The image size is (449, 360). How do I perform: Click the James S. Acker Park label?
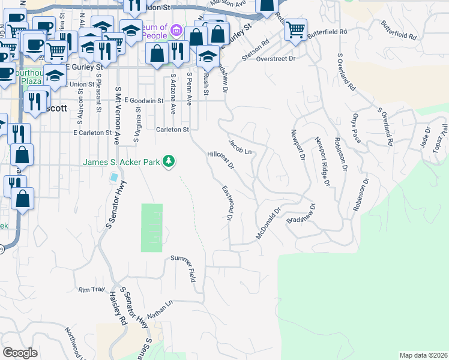(x=122, y=162)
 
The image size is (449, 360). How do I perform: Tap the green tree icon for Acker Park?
(x=170, y=161)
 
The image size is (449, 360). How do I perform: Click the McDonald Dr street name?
(x=268, y=224)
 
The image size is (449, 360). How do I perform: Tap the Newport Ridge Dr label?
(x=323, y=161)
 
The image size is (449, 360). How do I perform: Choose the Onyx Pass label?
(x=358, y=125)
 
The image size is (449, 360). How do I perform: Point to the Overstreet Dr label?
(x=276, y=59)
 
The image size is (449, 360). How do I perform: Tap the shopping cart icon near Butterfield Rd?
(x=295, y=29)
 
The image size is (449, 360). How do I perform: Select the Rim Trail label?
(x=92, y=290)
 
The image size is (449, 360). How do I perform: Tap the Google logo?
(x=20, y=352)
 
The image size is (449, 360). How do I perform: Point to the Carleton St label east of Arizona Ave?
(x=172, y=129)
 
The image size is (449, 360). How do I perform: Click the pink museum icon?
(x=176, y=29)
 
